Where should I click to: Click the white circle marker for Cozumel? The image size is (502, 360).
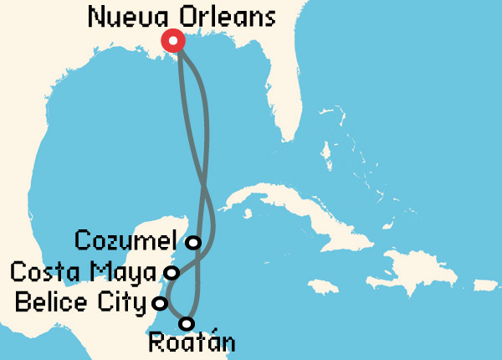[x=194, y=243]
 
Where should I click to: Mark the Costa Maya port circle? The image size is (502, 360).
[x=172, y=272]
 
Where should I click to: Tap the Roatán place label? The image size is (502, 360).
[x=191, y=342]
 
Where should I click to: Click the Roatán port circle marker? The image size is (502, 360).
[x=187, y=323]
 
